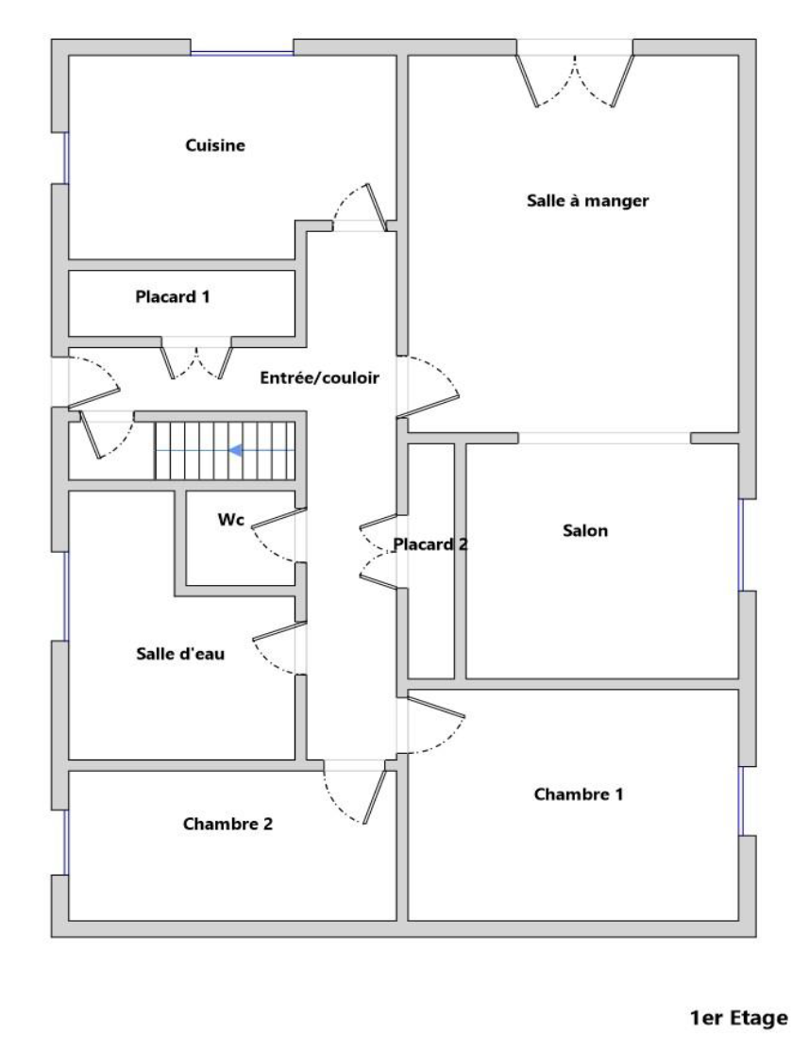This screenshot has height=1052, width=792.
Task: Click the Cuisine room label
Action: click(x=215, y=145)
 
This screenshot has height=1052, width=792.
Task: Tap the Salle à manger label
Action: click(x=587, y=201)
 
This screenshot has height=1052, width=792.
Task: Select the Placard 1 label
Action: click(x=173, y=296)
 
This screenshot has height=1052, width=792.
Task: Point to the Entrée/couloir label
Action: click(x=319, y=377)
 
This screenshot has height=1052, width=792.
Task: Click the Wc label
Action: click(x=230, y=519)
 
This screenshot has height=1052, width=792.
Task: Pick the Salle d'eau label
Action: click(x=180, y=654)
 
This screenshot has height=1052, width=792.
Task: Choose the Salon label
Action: click(x=585, y=530)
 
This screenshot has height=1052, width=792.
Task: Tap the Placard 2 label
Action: click(x=430, y=544)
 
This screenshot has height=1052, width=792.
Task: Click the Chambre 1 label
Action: click(x=579, y=794)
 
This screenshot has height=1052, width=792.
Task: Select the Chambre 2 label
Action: click(x=227, y=824)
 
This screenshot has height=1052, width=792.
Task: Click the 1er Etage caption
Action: click(x=738, y=1018)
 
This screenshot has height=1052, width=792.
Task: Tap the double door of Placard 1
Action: click(x=196, y=362)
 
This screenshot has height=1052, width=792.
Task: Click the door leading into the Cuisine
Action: click(x=361, y=208)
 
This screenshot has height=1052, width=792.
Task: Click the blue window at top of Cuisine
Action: click(x=242, y=54)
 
